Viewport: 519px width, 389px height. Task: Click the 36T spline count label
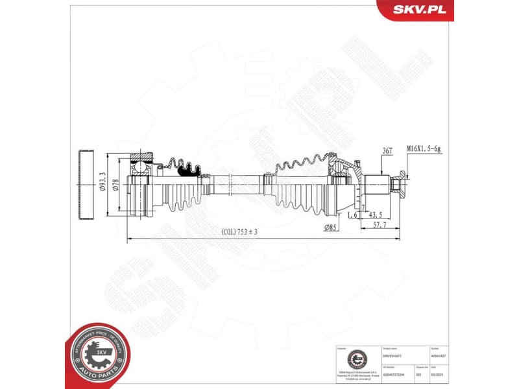point(388,150)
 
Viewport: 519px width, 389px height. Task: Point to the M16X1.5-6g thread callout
point(424,149)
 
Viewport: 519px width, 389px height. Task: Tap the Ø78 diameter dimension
point(116,185)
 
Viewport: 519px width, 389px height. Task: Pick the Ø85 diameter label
point(331,227)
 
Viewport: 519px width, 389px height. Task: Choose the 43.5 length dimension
point(375,214)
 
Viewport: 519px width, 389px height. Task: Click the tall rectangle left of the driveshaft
point(85,185)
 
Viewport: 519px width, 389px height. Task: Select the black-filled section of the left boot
point(189,169)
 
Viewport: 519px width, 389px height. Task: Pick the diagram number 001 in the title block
point(418,375)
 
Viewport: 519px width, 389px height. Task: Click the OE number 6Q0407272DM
point(392,375)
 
